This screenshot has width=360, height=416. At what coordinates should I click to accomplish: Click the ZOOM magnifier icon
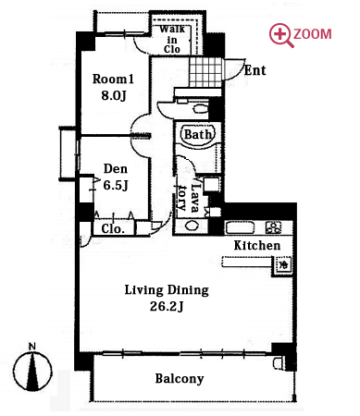coord(280,35)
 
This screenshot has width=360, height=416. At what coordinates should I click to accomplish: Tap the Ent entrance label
coord(254,70)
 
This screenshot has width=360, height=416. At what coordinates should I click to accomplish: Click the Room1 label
coord(113,80)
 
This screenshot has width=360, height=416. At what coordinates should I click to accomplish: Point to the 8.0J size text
coord(114,95)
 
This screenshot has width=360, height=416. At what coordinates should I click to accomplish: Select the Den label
coord(116,168)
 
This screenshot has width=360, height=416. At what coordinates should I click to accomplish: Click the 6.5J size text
coord(116,185)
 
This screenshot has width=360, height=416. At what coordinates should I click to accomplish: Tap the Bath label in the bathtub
coord(198,134)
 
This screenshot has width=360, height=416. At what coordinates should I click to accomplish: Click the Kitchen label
coord(257,245)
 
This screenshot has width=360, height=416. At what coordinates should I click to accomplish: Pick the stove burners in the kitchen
coord(274,227)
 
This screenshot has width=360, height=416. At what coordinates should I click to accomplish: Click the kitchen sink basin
coord(241,227)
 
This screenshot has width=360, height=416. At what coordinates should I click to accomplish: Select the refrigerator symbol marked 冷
coord(282,265)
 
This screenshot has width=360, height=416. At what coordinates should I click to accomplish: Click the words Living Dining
coord(167,290)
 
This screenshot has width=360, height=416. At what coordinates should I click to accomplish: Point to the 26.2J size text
coord(167,306)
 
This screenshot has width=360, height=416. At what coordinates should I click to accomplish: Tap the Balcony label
coord(180,379)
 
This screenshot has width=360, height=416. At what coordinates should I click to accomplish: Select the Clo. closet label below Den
coord(113,229)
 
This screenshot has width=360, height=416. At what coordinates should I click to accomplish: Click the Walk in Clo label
coord(172,39)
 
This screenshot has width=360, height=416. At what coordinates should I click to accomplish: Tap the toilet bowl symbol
coord(200,108)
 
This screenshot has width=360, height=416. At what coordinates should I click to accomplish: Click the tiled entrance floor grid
coord(205,72)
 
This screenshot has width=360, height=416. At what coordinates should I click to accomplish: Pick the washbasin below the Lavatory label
coord(192,226)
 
